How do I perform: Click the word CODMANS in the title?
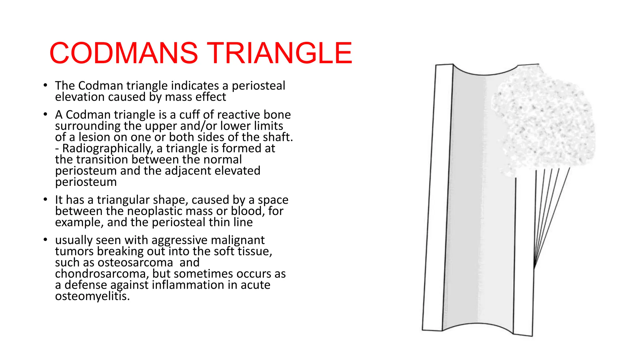123,53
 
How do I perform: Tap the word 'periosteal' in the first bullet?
258,86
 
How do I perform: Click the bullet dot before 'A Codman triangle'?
46,114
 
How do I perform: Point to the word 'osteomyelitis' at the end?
92,296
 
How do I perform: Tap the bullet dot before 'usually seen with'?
46,240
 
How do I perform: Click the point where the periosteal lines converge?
534,267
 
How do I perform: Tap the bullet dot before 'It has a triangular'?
46,199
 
